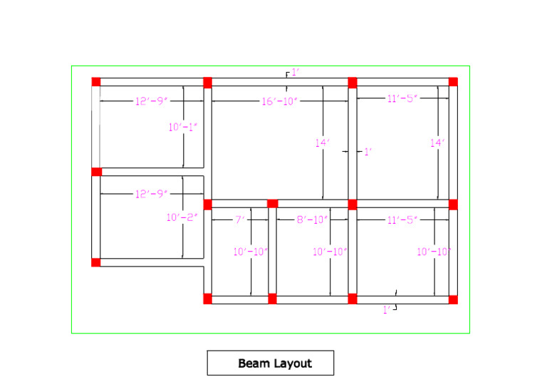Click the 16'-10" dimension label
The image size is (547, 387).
tap(278, 101)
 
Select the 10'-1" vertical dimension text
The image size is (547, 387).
tap(182, 128)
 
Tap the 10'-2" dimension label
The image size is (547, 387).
tap(182, 217)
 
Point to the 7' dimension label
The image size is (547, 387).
tap(240, 220)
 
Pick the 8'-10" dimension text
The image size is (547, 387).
tap(312, 220)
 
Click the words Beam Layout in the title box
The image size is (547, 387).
tap(275, 363)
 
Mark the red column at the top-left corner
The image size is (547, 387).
tap(96, 81)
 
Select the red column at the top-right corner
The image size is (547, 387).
tap(453, 81)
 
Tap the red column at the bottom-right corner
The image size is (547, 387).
tap(453, 299)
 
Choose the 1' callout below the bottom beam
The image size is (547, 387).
tap(387, 309)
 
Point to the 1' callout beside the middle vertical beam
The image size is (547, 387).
tap(368, 152)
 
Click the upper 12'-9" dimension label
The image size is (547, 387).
tap(151, 101)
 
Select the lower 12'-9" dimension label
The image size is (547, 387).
tap(151, 194)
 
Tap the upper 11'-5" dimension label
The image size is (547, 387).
tap(402, 99)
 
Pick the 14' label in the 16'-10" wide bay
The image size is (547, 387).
tap(323, 143)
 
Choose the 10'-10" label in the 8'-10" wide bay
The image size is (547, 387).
tap(330, 252)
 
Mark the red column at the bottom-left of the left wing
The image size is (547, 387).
tap(96, 262)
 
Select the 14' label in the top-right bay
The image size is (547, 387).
tap(437, 143)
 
